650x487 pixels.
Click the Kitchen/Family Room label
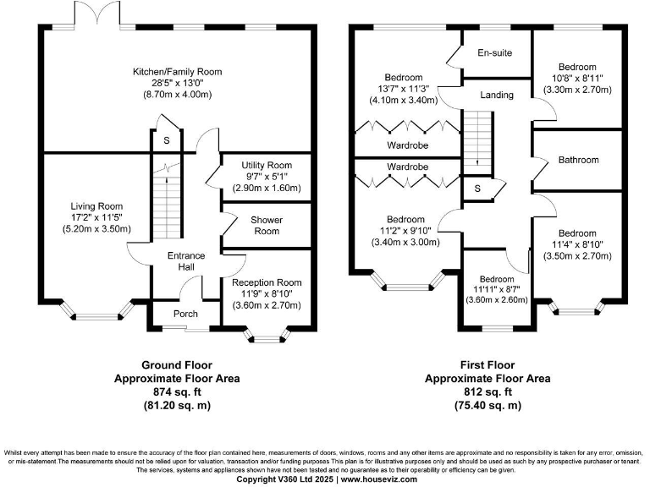pyautogui.click(x=177, y=72)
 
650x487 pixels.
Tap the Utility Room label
pyautogui.click(x=266, y=165)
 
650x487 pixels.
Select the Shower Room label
pyautogui.click(x=266, y=225)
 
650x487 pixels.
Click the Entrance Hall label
pyautogui.click(x=181, y=261)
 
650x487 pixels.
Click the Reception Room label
pyautogui.click(x=266, y=282)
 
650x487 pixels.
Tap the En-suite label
pyautogui.click(x=494, y=53)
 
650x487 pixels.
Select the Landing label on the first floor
pyautogui.click(x=496, y=95)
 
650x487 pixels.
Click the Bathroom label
pyautogui.click(x=579, y=160)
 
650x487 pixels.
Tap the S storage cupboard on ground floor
pyautogui.click(x=167, y=140)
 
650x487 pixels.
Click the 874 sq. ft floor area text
pyautogui.click(x=177, y=392)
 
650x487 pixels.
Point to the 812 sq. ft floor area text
pyautogui.click(x=487, y=392)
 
